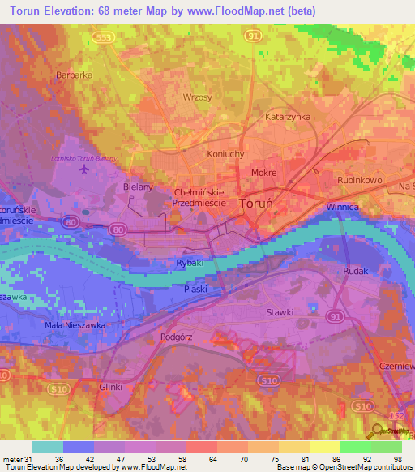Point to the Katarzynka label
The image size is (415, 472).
coord(289,117)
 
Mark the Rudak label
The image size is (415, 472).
coord(356,271)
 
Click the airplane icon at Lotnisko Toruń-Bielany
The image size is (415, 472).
coord(83,169)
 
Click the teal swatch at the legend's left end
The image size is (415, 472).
coord(47,447)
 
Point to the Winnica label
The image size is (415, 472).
coord(342,208)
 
